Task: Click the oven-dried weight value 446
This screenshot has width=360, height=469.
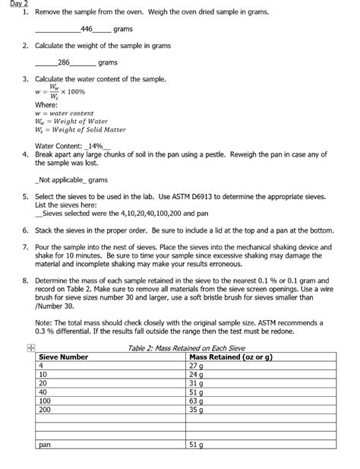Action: coord(86,29)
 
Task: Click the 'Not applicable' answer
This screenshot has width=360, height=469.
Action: coord(62,180)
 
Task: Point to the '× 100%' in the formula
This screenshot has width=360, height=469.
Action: coord(74,91)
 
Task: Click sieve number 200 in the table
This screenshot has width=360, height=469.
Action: coord(45,410)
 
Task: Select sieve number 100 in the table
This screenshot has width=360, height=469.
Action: coord(45,401)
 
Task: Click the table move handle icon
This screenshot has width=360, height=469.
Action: coord(30,347)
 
